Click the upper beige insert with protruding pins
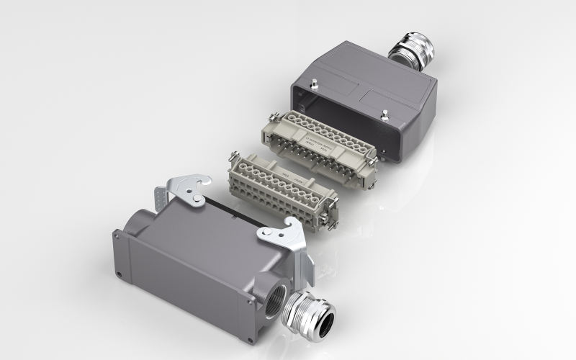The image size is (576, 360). tap(324, 137)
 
